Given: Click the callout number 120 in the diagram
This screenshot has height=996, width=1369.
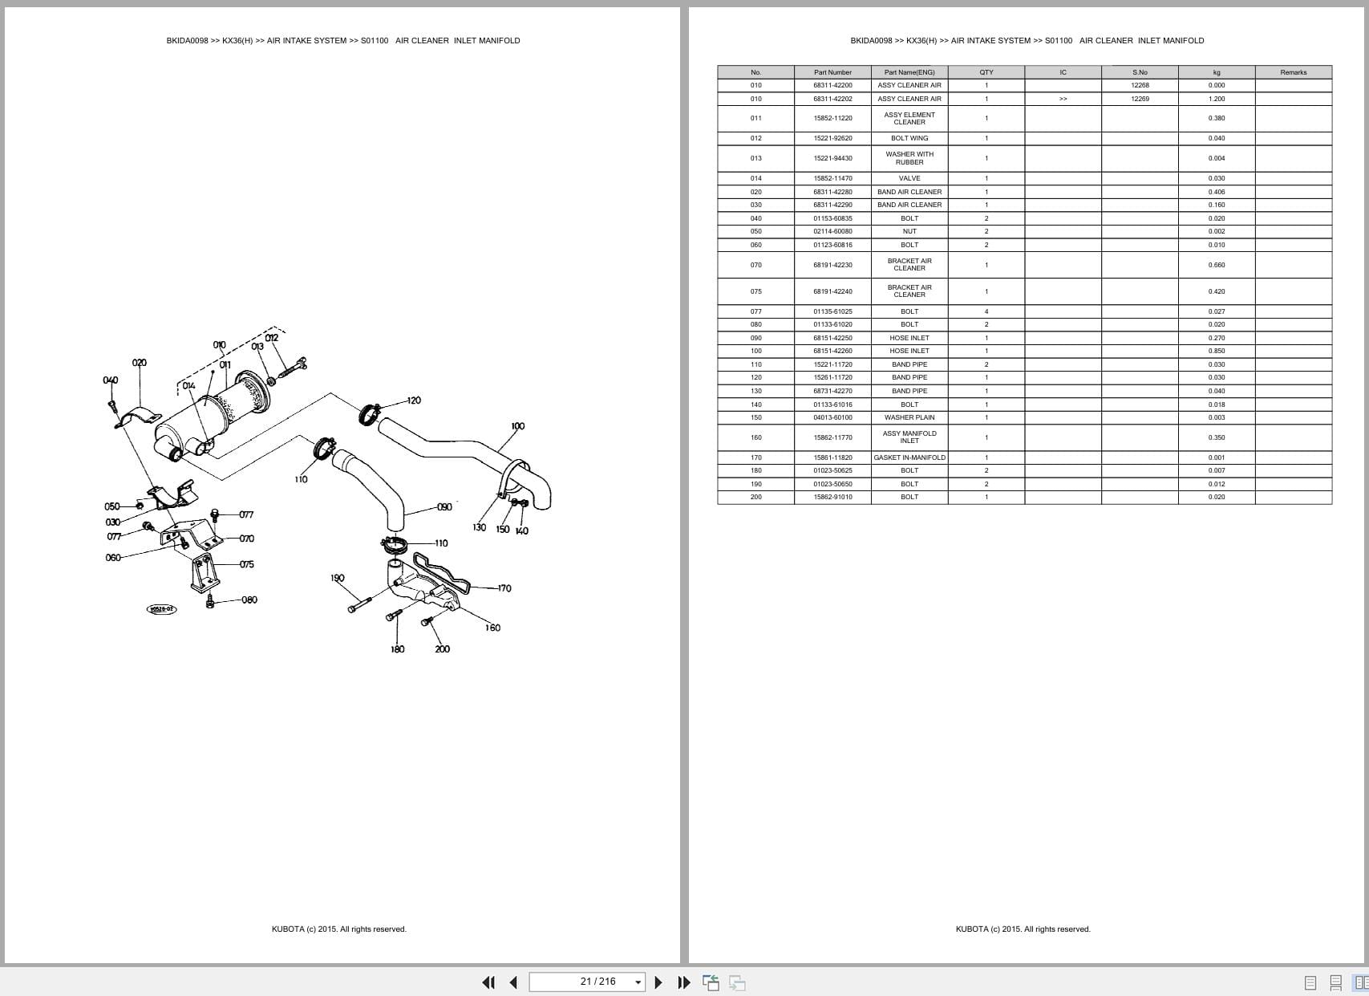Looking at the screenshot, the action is coord(414,400).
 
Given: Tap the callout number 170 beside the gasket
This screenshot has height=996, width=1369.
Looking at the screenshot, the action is coord(504,588).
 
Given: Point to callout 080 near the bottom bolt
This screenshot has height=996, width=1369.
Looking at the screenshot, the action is coord(249,600).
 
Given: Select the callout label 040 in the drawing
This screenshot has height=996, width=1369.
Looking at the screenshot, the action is coord(111,380).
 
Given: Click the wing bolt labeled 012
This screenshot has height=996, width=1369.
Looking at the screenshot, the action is coord(294,368).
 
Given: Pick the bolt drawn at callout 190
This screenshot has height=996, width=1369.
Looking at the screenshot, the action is coord(360,604).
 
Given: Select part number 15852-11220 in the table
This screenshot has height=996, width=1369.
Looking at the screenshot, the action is coord(832,118).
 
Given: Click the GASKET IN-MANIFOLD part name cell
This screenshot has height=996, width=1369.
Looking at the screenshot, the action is coord(909,457).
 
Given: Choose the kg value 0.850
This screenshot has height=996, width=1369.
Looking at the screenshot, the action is coord(1216,352).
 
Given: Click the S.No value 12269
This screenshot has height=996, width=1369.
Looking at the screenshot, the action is coord(1140,99).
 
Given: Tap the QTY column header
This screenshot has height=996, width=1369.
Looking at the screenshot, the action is coord(986,72).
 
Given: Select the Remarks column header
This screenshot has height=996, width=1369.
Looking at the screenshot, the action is coord(1294,72).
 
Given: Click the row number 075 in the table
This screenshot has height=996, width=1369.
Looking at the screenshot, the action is coord(756,292).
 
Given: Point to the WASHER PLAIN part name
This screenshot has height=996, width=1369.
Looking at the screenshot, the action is coord(909,418).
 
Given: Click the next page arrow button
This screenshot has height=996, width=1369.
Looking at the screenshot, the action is coord(658,982).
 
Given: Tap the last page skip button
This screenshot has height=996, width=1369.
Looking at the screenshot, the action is coord(684,982).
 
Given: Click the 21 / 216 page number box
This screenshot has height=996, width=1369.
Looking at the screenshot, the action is coord(587,982).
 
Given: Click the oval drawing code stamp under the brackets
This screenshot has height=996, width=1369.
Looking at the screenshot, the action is coord(161,609).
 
